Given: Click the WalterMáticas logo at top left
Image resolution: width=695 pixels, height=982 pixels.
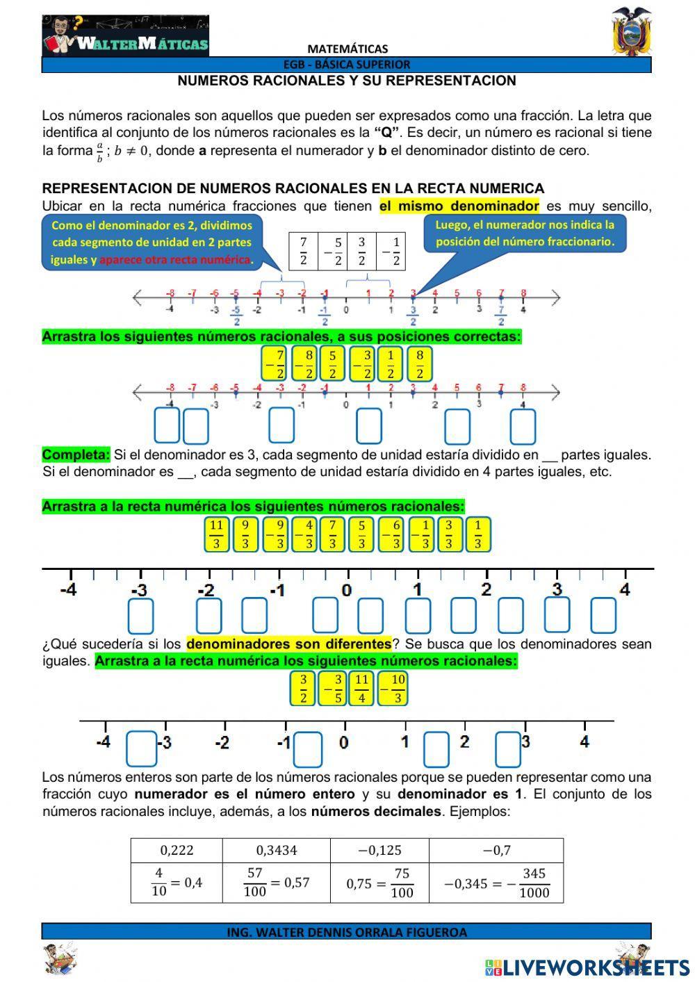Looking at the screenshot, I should (126, 36).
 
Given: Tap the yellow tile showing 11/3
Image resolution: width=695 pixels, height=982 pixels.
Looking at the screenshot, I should (216, 534).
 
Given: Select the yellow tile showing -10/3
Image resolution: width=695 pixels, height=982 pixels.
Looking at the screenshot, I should (393, 689).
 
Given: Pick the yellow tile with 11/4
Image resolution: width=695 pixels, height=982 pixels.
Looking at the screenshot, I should (361, 689).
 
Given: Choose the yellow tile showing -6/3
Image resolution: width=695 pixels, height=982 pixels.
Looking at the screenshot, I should (392, 534).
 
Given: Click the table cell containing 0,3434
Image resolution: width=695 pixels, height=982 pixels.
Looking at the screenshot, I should (276, 850).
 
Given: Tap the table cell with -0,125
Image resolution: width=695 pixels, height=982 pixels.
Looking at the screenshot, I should (379, 850).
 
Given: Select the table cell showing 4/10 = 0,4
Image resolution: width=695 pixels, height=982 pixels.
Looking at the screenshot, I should (177, 883).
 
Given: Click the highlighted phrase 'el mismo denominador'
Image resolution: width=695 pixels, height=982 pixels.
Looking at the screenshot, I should (459, 206).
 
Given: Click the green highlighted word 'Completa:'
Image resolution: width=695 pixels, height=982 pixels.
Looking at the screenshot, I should (76, 455).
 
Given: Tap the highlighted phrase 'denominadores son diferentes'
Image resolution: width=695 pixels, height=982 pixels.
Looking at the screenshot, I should (288, 644).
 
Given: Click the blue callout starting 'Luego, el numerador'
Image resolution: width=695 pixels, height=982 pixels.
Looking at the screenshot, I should (525, 234).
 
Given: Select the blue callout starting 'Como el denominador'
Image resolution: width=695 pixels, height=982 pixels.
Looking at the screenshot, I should (152, 243).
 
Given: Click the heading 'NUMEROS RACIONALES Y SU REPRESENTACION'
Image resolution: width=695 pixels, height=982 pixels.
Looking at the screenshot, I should (346, 81).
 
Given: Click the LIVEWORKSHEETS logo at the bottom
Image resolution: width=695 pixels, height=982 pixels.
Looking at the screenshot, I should (587, 967).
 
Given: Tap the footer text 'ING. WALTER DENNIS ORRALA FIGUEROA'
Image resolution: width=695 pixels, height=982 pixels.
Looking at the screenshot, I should (346, 932).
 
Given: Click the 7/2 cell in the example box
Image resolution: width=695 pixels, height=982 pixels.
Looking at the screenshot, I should (303, 251).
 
